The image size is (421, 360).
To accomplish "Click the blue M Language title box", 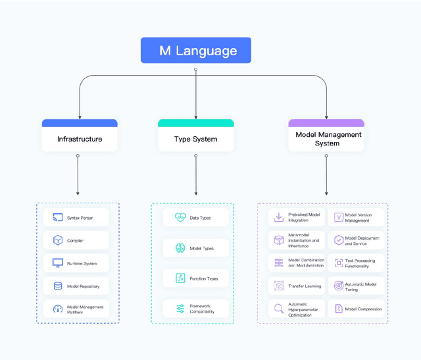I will click(195, 51).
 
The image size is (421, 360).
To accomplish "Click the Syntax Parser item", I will click(78, 218).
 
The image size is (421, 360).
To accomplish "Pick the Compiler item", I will click(78, 241).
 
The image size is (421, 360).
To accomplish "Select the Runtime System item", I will click(78, 263).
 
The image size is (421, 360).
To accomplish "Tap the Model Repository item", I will click(78, 286).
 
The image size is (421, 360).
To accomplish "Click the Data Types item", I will click(195, 218).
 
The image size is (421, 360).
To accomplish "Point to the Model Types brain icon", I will click(180, 248).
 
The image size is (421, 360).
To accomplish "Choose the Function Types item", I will click(195, 278).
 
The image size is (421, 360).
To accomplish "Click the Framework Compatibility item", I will click(195, 309).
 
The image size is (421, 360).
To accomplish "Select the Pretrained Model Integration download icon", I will click(279, 218).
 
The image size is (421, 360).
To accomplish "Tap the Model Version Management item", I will click(355, 218).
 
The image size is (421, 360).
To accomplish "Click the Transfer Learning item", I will click(297, 286).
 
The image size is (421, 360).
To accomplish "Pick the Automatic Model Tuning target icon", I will click(338, 286).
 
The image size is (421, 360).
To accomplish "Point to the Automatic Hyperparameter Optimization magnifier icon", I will click(279, 309).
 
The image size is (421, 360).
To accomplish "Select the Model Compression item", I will click(355, 309).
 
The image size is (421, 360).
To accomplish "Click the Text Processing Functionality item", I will click(355, 263).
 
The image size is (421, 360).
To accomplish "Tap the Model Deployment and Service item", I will click(355, 241).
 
